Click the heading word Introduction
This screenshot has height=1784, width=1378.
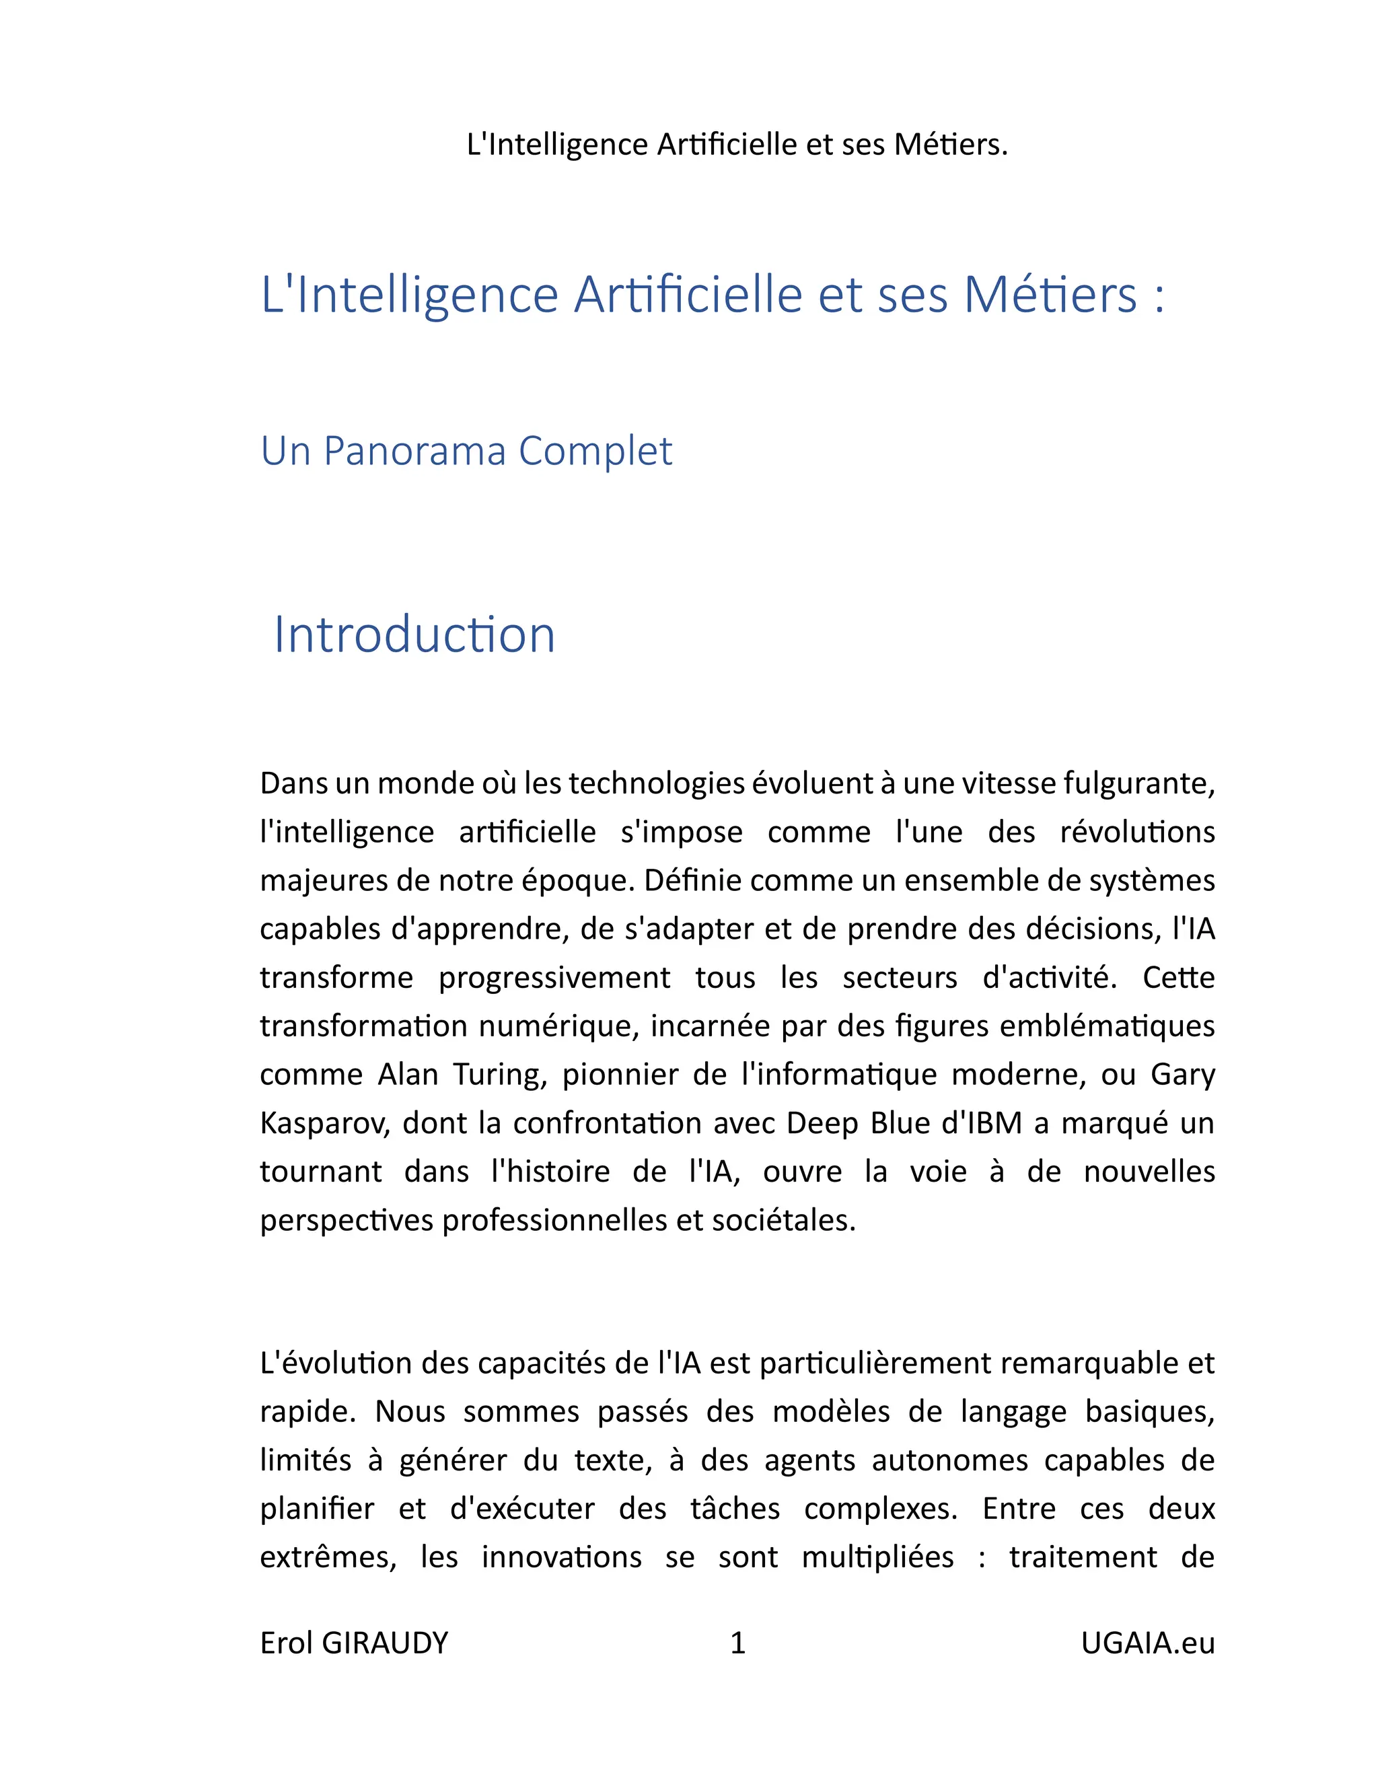click(x=414, y=635)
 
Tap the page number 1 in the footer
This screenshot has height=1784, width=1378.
click(x=737, y=1643)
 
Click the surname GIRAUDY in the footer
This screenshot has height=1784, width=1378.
click(x=386, y=1643)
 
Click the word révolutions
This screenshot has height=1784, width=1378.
click(x=1137, y=832)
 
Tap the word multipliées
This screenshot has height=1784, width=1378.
click(x=877, y=1557)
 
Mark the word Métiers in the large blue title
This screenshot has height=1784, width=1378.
click(x=1050, y=295)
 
